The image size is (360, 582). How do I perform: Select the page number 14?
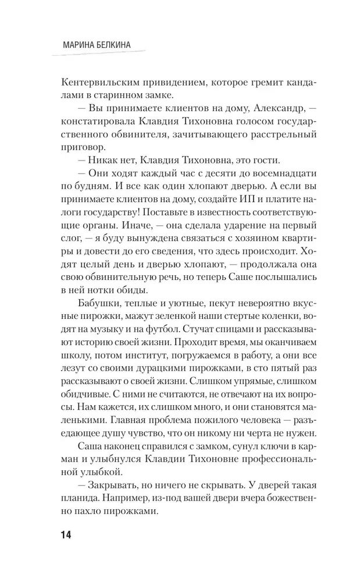(x=60, y=535)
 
